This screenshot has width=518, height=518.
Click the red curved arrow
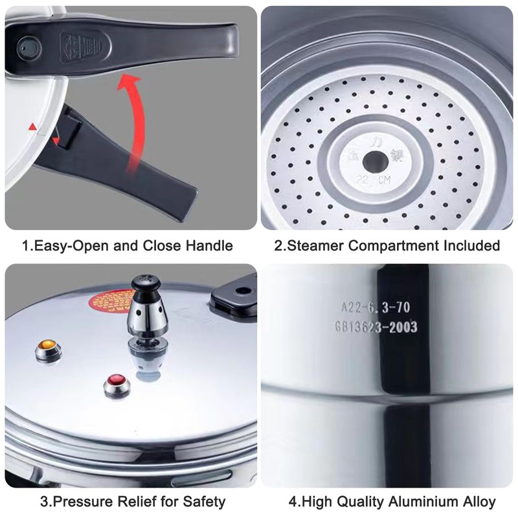[133, 123]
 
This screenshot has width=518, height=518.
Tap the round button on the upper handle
[27, 46]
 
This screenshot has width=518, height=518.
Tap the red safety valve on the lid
[117, 383]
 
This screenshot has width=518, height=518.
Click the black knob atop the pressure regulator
[144, 284]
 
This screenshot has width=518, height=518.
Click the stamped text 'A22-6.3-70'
[376, 308]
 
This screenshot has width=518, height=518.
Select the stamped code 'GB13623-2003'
[376, 328]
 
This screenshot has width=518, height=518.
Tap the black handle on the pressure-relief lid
[233, 295]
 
